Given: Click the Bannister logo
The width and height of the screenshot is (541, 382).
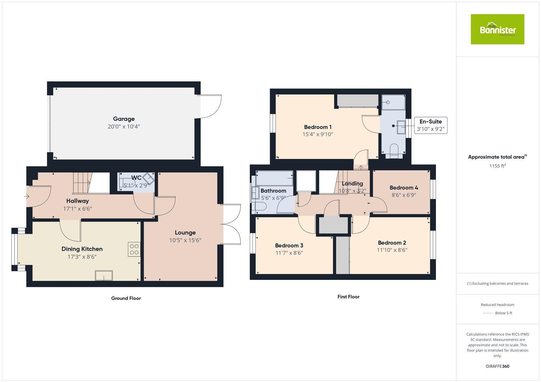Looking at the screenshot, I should point(497,29).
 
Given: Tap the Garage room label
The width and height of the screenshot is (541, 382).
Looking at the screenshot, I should point(124,119).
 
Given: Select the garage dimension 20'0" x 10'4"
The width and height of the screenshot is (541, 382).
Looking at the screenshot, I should point(124,127).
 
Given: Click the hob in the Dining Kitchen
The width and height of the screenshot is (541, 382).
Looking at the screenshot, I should point(134,249).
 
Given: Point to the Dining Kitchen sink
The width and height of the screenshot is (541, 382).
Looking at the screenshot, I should point(104,276).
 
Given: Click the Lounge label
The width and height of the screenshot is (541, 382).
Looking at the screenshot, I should point(185,232).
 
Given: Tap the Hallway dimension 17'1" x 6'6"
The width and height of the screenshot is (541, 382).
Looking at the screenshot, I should point(78,209).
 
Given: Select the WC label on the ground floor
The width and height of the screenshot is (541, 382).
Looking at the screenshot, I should point(136,178).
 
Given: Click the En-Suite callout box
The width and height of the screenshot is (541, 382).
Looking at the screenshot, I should point(430,125).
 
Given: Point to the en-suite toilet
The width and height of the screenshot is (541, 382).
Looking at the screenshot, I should point(393,150).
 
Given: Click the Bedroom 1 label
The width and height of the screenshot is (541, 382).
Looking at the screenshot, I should point(318,127).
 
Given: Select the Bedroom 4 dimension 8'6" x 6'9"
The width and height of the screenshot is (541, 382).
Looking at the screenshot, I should point(404,195).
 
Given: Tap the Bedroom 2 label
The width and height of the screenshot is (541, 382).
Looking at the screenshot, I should point(392,243).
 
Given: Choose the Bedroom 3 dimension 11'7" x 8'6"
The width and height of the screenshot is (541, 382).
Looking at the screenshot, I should point(289,253).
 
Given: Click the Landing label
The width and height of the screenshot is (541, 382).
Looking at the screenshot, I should point(352,184).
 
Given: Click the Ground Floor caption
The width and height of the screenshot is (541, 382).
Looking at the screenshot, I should point(126,298).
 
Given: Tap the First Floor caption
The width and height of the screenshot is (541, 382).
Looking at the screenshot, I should point(348,297).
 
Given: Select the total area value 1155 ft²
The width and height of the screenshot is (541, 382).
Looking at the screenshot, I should point(497,166).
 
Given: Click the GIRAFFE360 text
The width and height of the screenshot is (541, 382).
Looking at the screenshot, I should point(497,366).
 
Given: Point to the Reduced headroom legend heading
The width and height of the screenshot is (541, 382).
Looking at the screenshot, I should point(497,305).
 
